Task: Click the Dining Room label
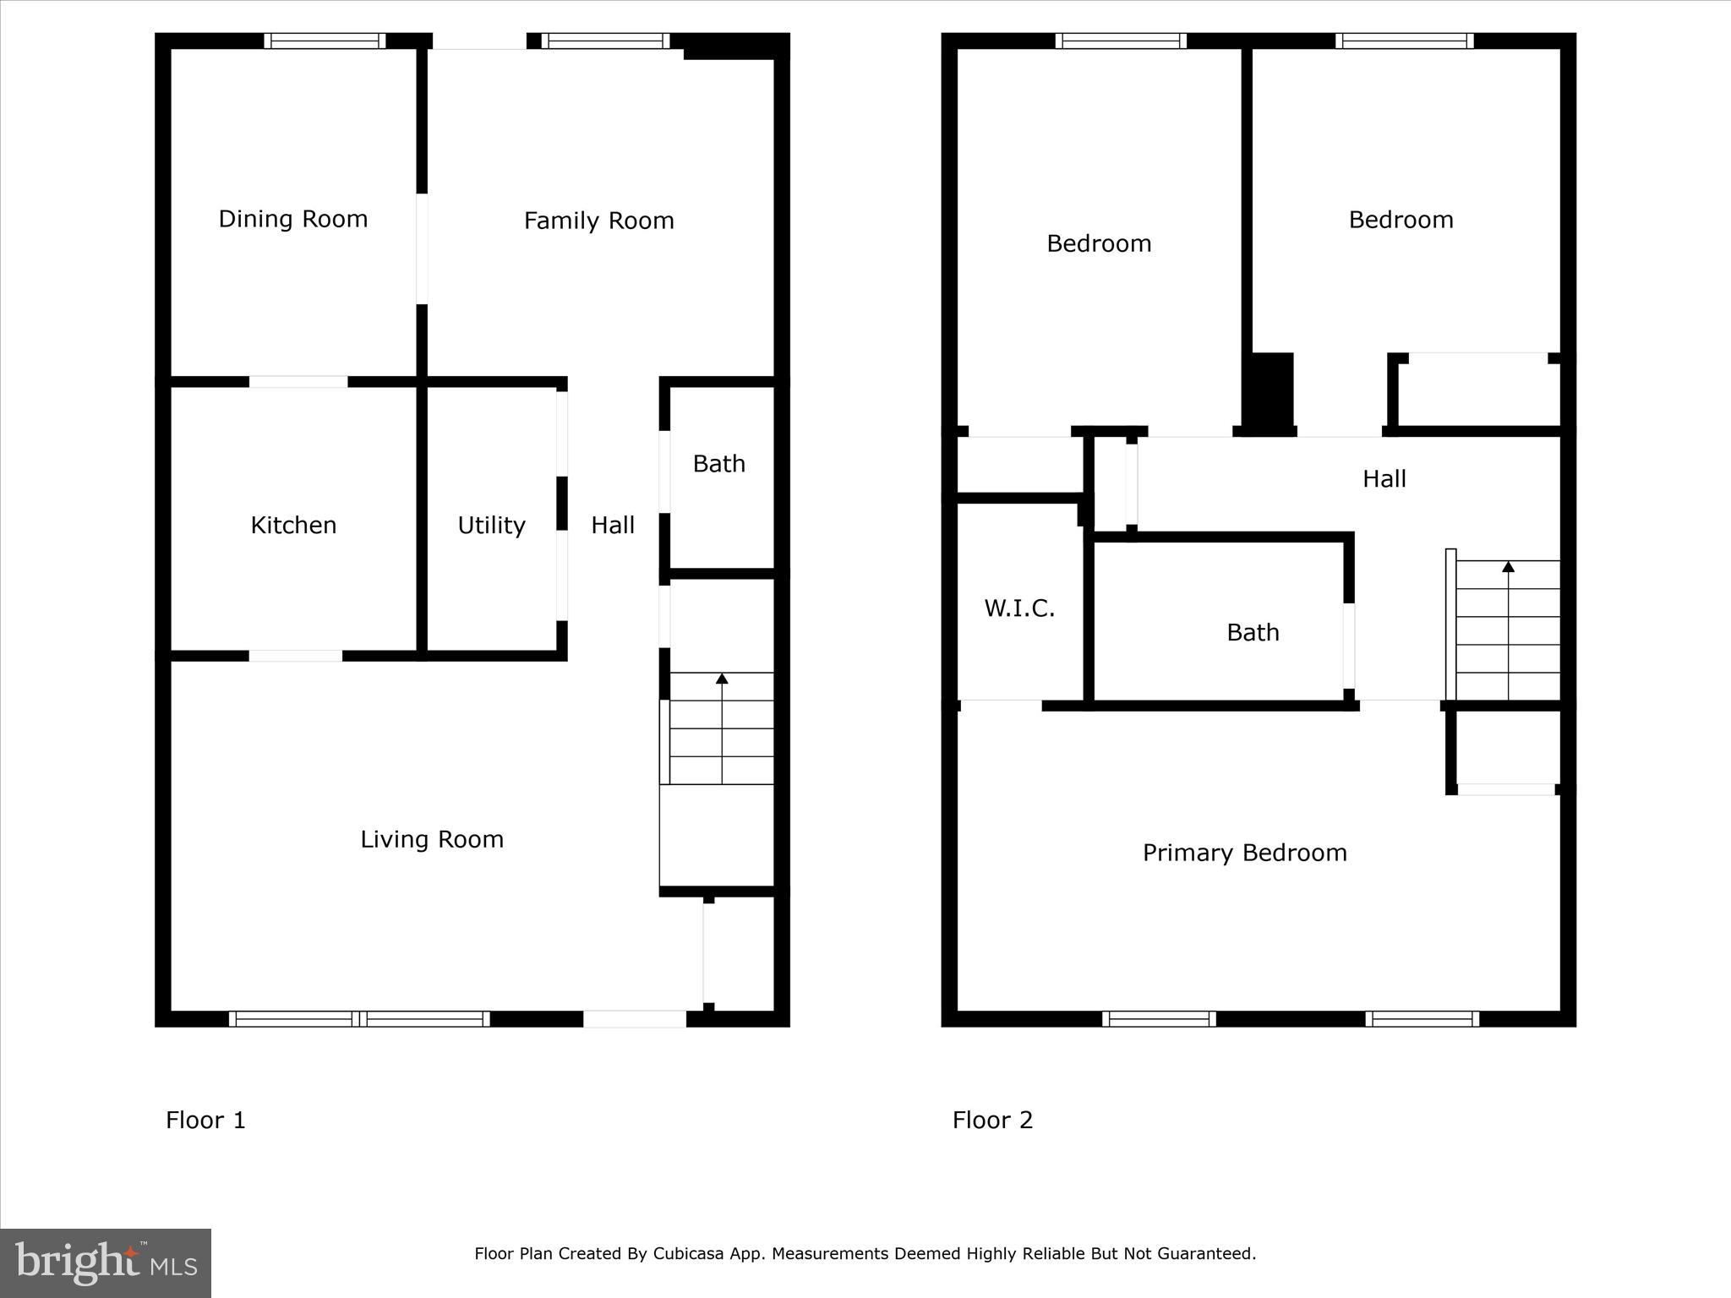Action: [x=293, y=219]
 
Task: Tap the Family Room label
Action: [x=598, y=221]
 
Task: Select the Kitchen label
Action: [x=293, y=525]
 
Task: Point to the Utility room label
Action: [x=491, y=525]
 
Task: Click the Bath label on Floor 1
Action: [x=718, y=463]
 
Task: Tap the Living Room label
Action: [x=432, y=839]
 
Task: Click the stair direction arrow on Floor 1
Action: [x=722, y=679]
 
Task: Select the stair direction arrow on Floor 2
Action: [x=1508, y=566]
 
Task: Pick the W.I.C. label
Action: [x=1019, y=608]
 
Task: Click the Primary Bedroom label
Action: [x=1244, y=853]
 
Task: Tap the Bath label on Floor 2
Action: [x=1253, y=632]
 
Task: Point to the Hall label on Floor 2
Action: [x=1384, y=479]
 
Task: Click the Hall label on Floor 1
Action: [x=612, y=525]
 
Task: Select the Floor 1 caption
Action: [x=205, y=1120]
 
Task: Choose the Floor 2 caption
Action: [x=992, y=1120]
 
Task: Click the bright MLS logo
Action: [x=106, y=1263]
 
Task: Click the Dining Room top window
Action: [x=325, y=41]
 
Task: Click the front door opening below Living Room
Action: [x=634, y=1018]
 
